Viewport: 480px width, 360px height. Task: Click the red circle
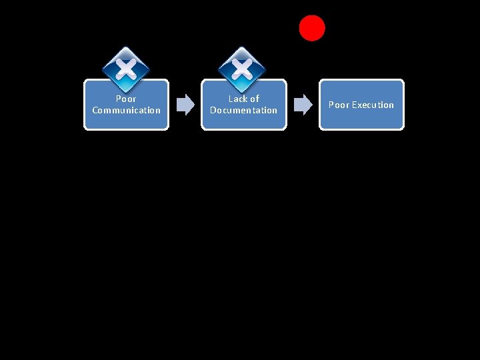click(312, 28)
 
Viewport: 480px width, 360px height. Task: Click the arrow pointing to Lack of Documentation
click(185, 104)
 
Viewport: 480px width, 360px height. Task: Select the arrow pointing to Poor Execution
click(303, 104)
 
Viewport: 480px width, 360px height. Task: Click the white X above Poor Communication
click(126, 67)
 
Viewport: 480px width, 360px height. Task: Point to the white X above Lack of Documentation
click(243, 67)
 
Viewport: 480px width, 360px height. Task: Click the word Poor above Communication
click(126, 99)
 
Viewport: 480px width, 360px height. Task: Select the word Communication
click(127, 110)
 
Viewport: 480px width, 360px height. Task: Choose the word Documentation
click(243, 110)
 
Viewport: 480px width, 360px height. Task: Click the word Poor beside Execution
click(339, 105)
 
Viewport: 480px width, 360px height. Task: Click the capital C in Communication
click(95, 110)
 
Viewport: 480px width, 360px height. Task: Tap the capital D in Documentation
click(213, 110)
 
